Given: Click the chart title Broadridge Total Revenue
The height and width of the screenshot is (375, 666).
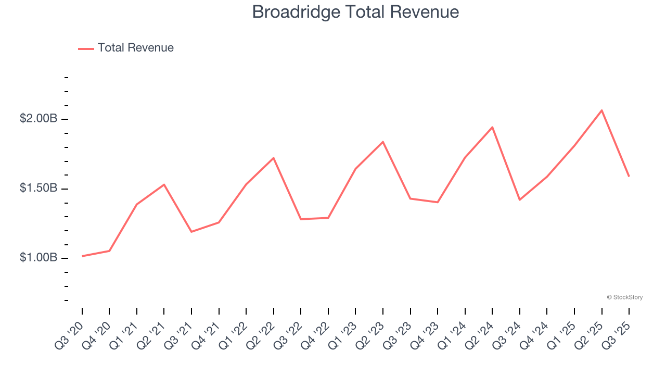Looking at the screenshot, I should [x=355, y=12].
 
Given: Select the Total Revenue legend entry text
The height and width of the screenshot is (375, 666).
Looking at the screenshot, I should [x=136, y=48].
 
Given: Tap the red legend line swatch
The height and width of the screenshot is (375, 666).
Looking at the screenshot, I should [x=86, y=48].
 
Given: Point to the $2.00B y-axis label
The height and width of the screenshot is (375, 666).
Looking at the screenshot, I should [x=39, y=119].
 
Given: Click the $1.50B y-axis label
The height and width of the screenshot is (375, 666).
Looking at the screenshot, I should [x=39, y=188].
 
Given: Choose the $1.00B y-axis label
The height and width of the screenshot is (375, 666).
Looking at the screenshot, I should [x=39, y=258].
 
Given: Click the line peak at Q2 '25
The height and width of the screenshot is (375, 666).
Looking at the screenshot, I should [x=601, y=110].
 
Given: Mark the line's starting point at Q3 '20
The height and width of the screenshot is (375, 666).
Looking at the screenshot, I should [x=82, y=256].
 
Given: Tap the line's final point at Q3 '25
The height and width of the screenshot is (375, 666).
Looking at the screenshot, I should [x=629, y=176].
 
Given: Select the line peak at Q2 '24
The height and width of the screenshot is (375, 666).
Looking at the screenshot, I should [x=492, y=127].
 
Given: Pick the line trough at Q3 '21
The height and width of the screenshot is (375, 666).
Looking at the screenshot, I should [x=191, y=232].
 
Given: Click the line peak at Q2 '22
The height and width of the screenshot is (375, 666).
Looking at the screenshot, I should [x=274, y=158].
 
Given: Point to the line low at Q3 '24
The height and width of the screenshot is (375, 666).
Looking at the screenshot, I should [x=519, y=200].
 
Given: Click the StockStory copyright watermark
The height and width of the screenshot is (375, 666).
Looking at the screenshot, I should [x=624, y=297].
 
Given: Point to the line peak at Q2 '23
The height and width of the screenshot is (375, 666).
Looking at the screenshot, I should [x=383, y=142].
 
